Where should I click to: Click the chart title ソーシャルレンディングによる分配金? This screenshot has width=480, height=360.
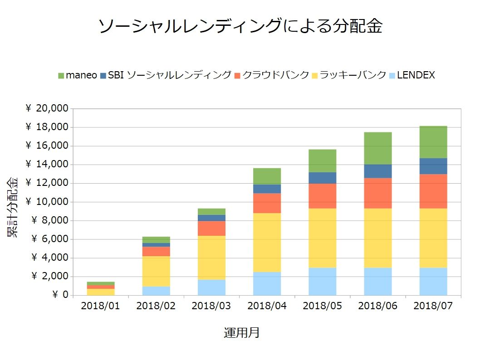click(x=240, y=26)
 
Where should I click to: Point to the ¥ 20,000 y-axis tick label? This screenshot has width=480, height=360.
click(x=47, y=108)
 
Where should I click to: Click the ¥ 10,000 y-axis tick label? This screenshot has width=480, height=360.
click(x=47, y=202)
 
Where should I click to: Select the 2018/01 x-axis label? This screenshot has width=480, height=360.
click(x=101, y=306)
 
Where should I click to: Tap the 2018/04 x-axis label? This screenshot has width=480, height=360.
click(x=267, y=306)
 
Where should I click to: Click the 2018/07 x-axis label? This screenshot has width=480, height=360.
click(x=433, y=306)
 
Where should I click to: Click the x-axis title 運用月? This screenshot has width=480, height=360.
click(x=241, y=333)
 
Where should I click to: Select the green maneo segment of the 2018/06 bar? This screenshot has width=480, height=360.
click(x=377, y=148)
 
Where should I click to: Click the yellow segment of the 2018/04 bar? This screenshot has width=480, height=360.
click(x=267, y=243)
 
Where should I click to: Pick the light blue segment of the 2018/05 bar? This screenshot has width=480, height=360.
click(x=322, y=281)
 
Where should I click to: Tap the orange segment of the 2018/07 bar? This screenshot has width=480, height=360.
click(x=433, y=191)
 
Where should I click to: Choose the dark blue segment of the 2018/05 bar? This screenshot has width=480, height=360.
click(x=322, y=178)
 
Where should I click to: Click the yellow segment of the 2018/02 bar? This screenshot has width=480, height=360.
click(x=156, y=271)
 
